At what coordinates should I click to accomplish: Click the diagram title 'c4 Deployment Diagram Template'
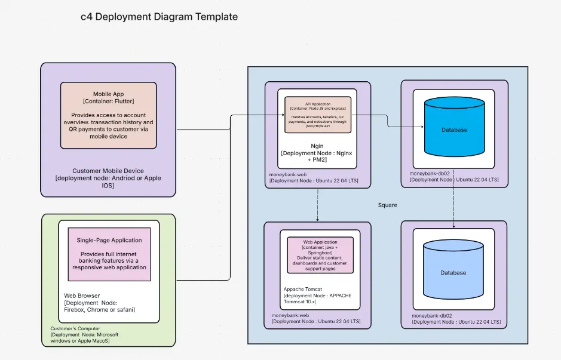pos(159,17)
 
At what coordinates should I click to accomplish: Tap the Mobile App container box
pos(108,115)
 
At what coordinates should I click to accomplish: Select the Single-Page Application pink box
pos(109,254)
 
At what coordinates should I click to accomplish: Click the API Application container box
pos(317,114)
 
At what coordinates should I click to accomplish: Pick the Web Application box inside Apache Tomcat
pos(320,255)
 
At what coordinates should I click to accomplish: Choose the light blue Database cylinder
pos(453,272)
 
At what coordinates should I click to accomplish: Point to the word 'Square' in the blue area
pos(387,205)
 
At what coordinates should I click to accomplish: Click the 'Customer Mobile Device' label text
pos(108,171)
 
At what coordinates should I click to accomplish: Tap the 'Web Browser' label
pos(82,296)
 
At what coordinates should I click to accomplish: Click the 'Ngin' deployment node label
pos(317,145)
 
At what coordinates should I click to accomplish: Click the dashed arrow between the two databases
pos(455,203)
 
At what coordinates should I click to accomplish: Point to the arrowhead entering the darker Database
pos(421,126)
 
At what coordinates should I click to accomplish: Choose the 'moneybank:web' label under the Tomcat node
pos(290,314)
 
